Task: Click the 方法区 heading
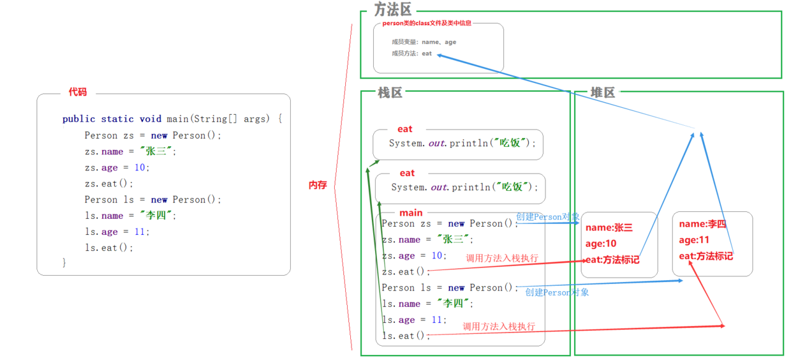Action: (393, 10)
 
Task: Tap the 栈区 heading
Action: (390, 93)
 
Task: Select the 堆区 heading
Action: (602, 93)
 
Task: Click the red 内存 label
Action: (318, 185)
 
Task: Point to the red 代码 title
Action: (78, 93)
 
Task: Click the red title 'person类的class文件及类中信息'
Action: (427, 24)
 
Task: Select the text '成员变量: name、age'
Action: (424, 42)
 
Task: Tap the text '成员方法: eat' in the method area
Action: (411, 54)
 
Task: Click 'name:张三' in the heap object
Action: (609, 228)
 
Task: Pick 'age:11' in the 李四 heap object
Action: (694, 240)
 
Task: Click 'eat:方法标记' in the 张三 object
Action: (612, 260)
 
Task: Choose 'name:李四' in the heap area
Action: (702, 224)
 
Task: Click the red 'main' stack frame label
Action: (411, 213)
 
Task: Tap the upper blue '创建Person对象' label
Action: (548, 217)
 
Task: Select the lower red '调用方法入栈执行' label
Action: (499, 326)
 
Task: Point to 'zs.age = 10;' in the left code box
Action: (116, 168)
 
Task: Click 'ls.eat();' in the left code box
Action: (109, 248)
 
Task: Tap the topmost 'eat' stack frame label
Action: (404, 130)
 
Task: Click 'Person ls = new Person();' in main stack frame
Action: (450, 288)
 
